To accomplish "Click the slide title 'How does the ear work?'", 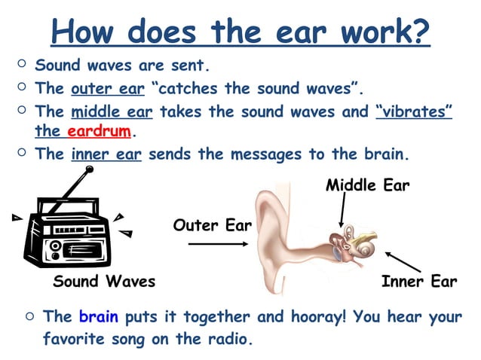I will pyautogui.click(x=240, y=32).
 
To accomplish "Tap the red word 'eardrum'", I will pyautogui.click(x=100, y=132).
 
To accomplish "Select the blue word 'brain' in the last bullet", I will pyautogui.click(x=98, y=316).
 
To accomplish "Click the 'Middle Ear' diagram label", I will pyautogui.click(x=367, y=185).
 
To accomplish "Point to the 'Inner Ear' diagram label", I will pyautogui.click(x=419, y=282).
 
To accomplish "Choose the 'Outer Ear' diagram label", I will pyautogui.click(x=212, y=224).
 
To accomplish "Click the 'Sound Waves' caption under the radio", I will pyautogui.click(x=104, y=282).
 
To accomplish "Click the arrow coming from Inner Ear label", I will pyautogui.click(x=401, y=262).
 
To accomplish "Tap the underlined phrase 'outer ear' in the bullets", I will pyautogui.click(x=107, y=89).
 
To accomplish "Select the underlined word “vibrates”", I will pyautogui.click(x=413, y=111).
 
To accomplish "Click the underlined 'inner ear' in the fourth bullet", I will pyautogui.click(x=107, y=155).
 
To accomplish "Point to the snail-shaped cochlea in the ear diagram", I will pyautogui.click(x=366, y=246).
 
